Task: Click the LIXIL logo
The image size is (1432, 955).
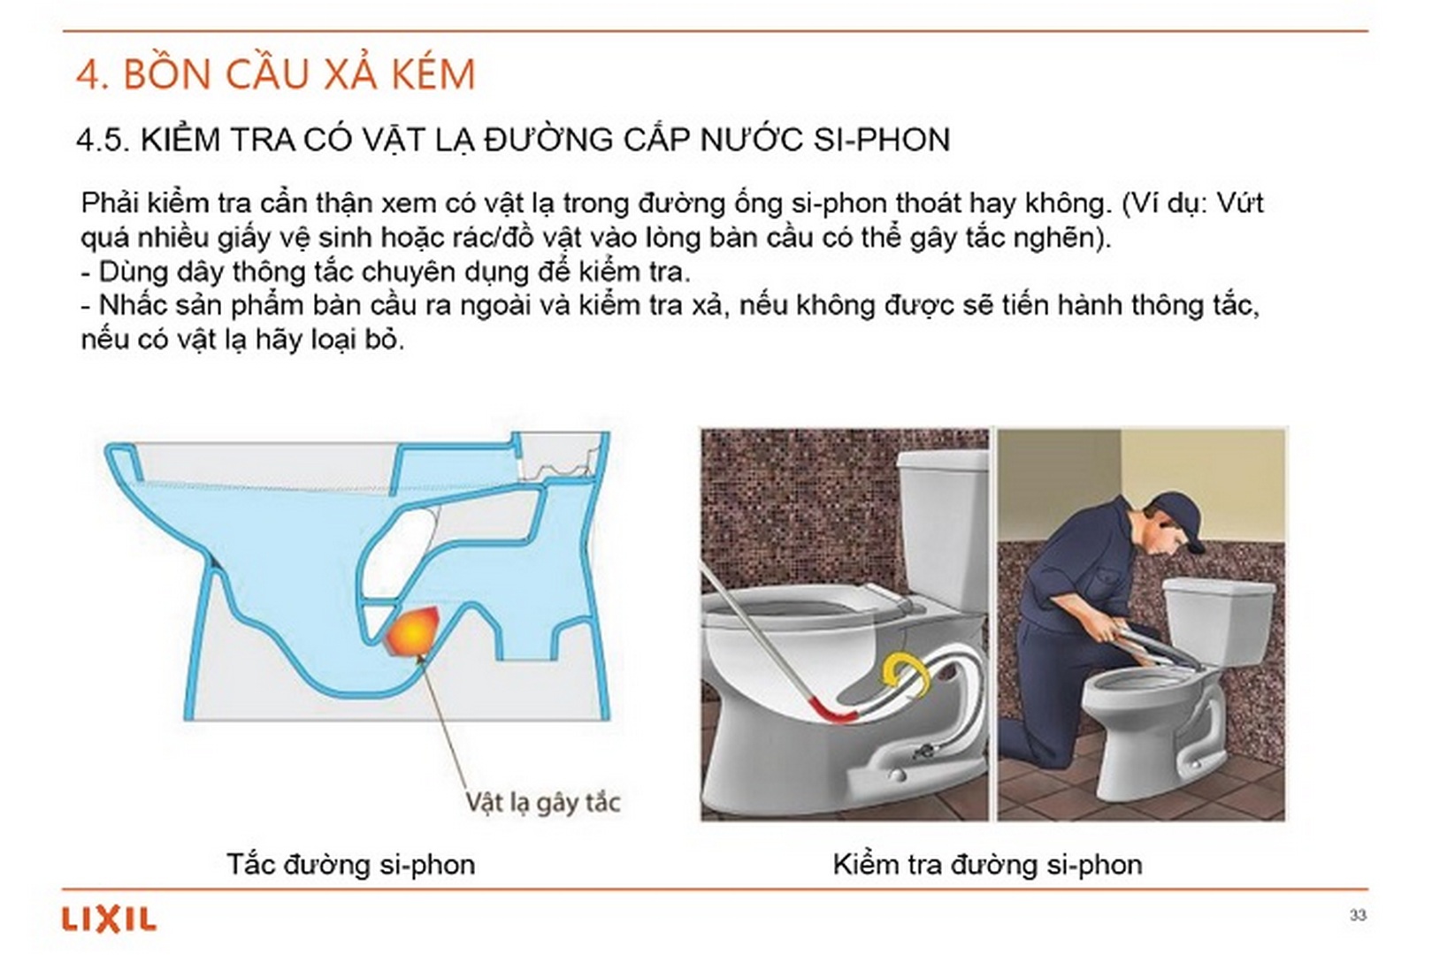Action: (109, 920)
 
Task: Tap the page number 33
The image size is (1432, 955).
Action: (1358, 915)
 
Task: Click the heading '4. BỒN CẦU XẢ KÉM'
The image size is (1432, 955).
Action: (276, 74)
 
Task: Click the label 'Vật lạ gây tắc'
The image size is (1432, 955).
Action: (542, 802)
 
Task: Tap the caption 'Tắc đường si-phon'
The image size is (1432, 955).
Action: (350, 864)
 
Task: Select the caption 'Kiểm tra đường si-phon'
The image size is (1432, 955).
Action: (987, 864)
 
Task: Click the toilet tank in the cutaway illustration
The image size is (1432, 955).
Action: (943, 522)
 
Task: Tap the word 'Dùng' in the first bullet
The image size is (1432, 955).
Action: (128, 271)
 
